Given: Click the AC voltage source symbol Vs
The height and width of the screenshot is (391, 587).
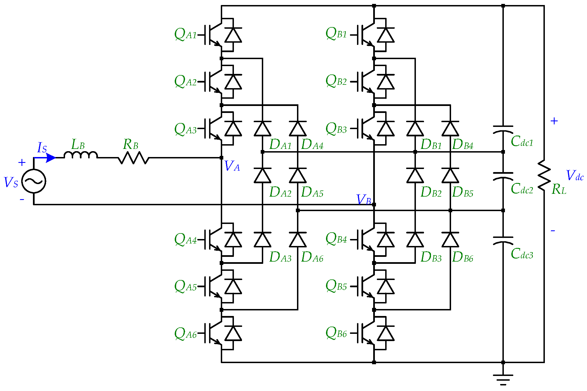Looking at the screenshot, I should coord(33,181).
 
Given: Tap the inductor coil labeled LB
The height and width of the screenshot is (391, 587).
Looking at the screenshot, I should coord(80,155).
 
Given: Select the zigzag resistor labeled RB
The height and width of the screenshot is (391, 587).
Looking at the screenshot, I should coord(133,158).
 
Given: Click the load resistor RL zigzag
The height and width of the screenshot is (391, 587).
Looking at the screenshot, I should coord(544,176).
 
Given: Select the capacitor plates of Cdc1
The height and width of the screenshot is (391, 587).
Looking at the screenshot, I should coord(503,129).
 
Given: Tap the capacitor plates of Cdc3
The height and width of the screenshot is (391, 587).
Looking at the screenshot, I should coord(503,240).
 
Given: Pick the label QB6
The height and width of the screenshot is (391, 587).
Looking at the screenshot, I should coord(336,333).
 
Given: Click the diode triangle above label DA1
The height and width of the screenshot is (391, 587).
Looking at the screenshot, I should coord(262,129).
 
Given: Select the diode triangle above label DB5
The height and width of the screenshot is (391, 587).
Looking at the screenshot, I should coord(450,175).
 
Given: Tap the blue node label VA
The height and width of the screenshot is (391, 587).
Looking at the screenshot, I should coord(232,166).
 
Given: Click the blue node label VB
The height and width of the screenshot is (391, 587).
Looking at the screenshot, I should coord(364,200).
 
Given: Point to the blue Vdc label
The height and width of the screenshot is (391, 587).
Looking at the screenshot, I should coord(575,176).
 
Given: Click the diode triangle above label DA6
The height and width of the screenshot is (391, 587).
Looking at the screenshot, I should coord(298,240).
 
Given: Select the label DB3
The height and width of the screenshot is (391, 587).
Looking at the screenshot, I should coord(431,257).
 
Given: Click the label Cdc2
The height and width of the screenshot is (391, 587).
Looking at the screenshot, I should coord(522,189).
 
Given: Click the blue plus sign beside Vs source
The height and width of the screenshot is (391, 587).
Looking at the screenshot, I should coord(22,163).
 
